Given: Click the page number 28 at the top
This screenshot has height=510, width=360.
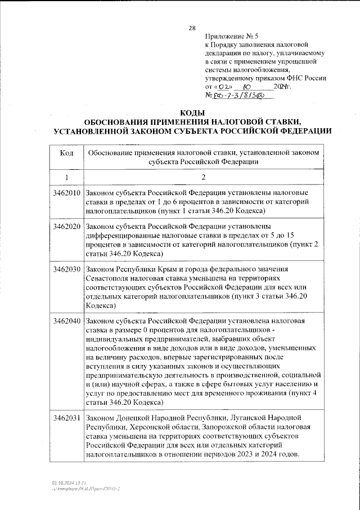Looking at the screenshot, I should pyautogui.click(x=192, y=28).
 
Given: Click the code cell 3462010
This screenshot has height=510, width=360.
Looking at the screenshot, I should pyautogui.click(x=66, y=193).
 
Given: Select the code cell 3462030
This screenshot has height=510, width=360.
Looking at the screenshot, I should pyautogui.click(x=66, y=270).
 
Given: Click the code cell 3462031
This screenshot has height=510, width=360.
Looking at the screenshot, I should pyautogui.click(x=66, y=418).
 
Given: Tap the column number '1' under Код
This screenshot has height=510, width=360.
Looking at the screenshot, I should pyautogui.click(x=66, y=178).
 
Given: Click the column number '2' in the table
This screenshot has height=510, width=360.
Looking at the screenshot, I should pyautogui.click(x=203, y=178).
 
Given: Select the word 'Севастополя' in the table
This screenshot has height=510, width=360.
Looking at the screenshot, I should pyautogui.click(x=108, y=279).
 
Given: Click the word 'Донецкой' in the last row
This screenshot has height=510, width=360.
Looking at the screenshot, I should pyautogui.click(x=132, y=418).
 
